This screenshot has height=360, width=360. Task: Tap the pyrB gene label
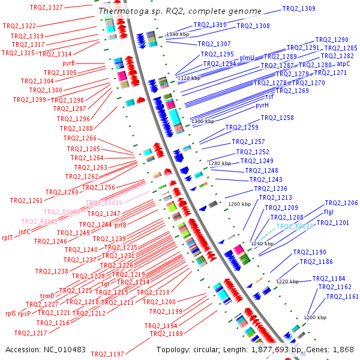point(68,62)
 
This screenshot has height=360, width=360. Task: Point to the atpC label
point(343,63)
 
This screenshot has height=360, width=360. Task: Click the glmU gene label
point(247,58)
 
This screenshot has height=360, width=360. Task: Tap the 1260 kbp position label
point(239,204)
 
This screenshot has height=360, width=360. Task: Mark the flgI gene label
point(329,212)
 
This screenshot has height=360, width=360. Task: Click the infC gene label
point(25,231)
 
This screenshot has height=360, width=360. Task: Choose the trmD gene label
point(47,296)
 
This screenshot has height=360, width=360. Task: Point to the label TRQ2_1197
point(107,354)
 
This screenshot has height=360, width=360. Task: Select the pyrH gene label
point(262,105)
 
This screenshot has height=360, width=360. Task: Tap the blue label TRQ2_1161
point(342,296)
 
